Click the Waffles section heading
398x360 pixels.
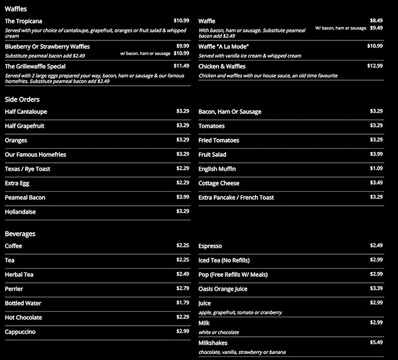point(15,8)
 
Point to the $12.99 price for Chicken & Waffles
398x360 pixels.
point(375,66)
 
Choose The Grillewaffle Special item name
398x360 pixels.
point(35,66)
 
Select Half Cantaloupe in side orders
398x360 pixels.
point(26,112)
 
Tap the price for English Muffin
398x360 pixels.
point(376,168)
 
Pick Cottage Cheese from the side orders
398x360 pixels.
point(219,183)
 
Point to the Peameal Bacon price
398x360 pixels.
point(182,197)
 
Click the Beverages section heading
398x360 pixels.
point(20,233)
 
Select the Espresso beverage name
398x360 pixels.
point(210,246)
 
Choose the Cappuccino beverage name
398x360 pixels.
point(20,331)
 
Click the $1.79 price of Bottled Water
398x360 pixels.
point(182,302)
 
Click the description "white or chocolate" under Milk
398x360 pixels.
point(219,332)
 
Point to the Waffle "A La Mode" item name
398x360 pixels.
point(223,47)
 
